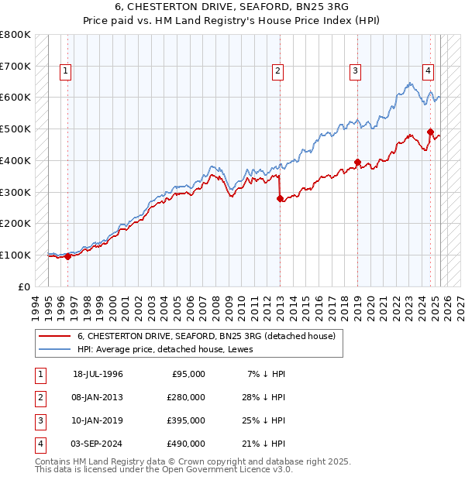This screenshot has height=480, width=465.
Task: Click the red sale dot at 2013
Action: tap(280, 198)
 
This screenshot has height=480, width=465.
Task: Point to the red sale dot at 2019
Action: tap(357, 162)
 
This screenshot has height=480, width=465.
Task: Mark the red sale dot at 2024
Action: tap(430, 132)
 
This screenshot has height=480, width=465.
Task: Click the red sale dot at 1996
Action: tap(67, 256)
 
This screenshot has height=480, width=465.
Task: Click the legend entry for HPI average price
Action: tap(170, 349)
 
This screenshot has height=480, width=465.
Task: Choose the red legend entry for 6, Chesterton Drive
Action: tap(205, 336)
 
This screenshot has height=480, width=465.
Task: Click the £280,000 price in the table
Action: tap(186, 397)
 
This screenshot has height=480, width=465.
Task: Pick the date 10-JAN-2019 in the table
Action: tap(98, 420)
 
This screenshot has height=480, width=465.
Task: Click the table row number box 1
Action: tap(40, 374)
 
